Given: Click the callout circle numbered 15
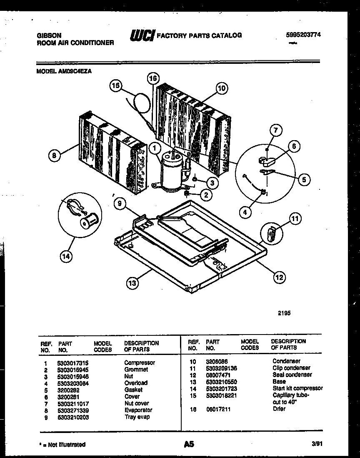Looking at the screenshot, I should [115, 86].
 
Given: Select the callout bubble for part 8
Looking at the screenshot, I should [53, 156].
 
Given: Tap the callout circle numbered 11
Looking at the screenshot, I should [295, 218].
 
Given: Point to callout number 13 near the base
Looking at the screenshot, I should [132, 283].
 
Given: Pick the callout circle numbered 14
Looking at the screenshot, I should [66, 256].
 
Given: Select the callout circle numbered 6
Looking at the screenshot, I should [293, 146].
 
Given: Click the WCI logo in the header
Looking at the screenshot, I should [142, 35].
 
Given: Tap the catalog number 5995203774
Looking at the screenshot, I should [298, 35].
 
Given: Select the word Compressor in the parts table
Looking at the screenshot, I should [140, 362].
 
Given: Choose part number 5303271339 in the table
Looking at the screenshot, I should [73, 410].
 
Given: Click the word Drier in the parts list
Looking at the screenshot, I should [279, 409].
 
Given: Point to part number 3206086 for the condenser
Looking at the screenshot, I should [217, 361].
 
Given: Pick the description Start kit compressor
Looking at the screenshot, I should [297, 388].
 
